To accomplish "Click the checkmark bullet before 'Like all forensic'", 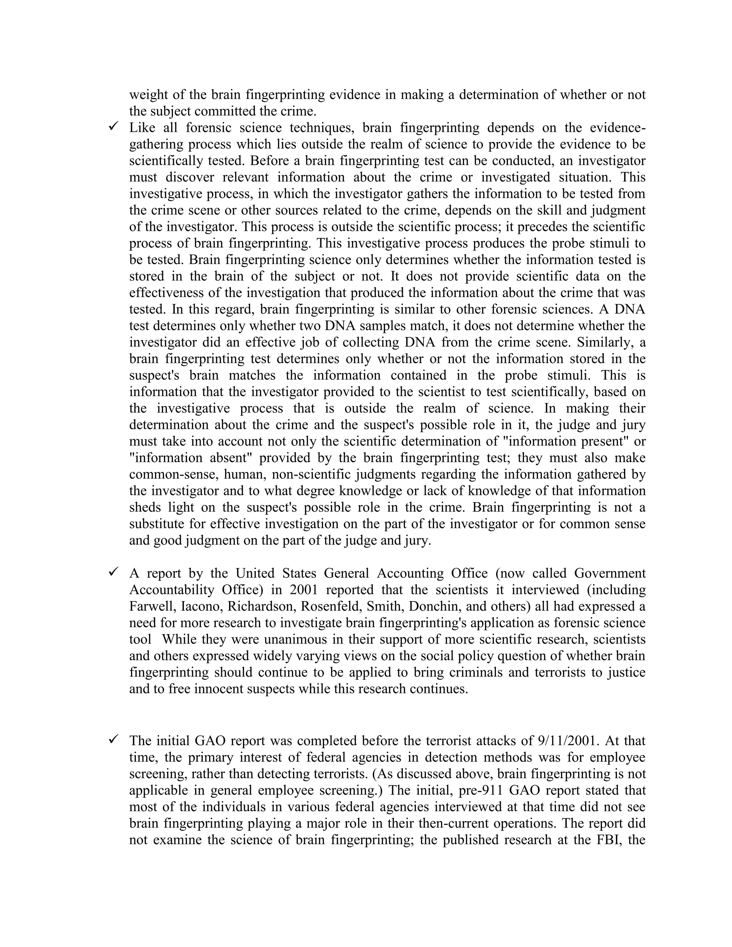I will (x=114, y=126).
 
